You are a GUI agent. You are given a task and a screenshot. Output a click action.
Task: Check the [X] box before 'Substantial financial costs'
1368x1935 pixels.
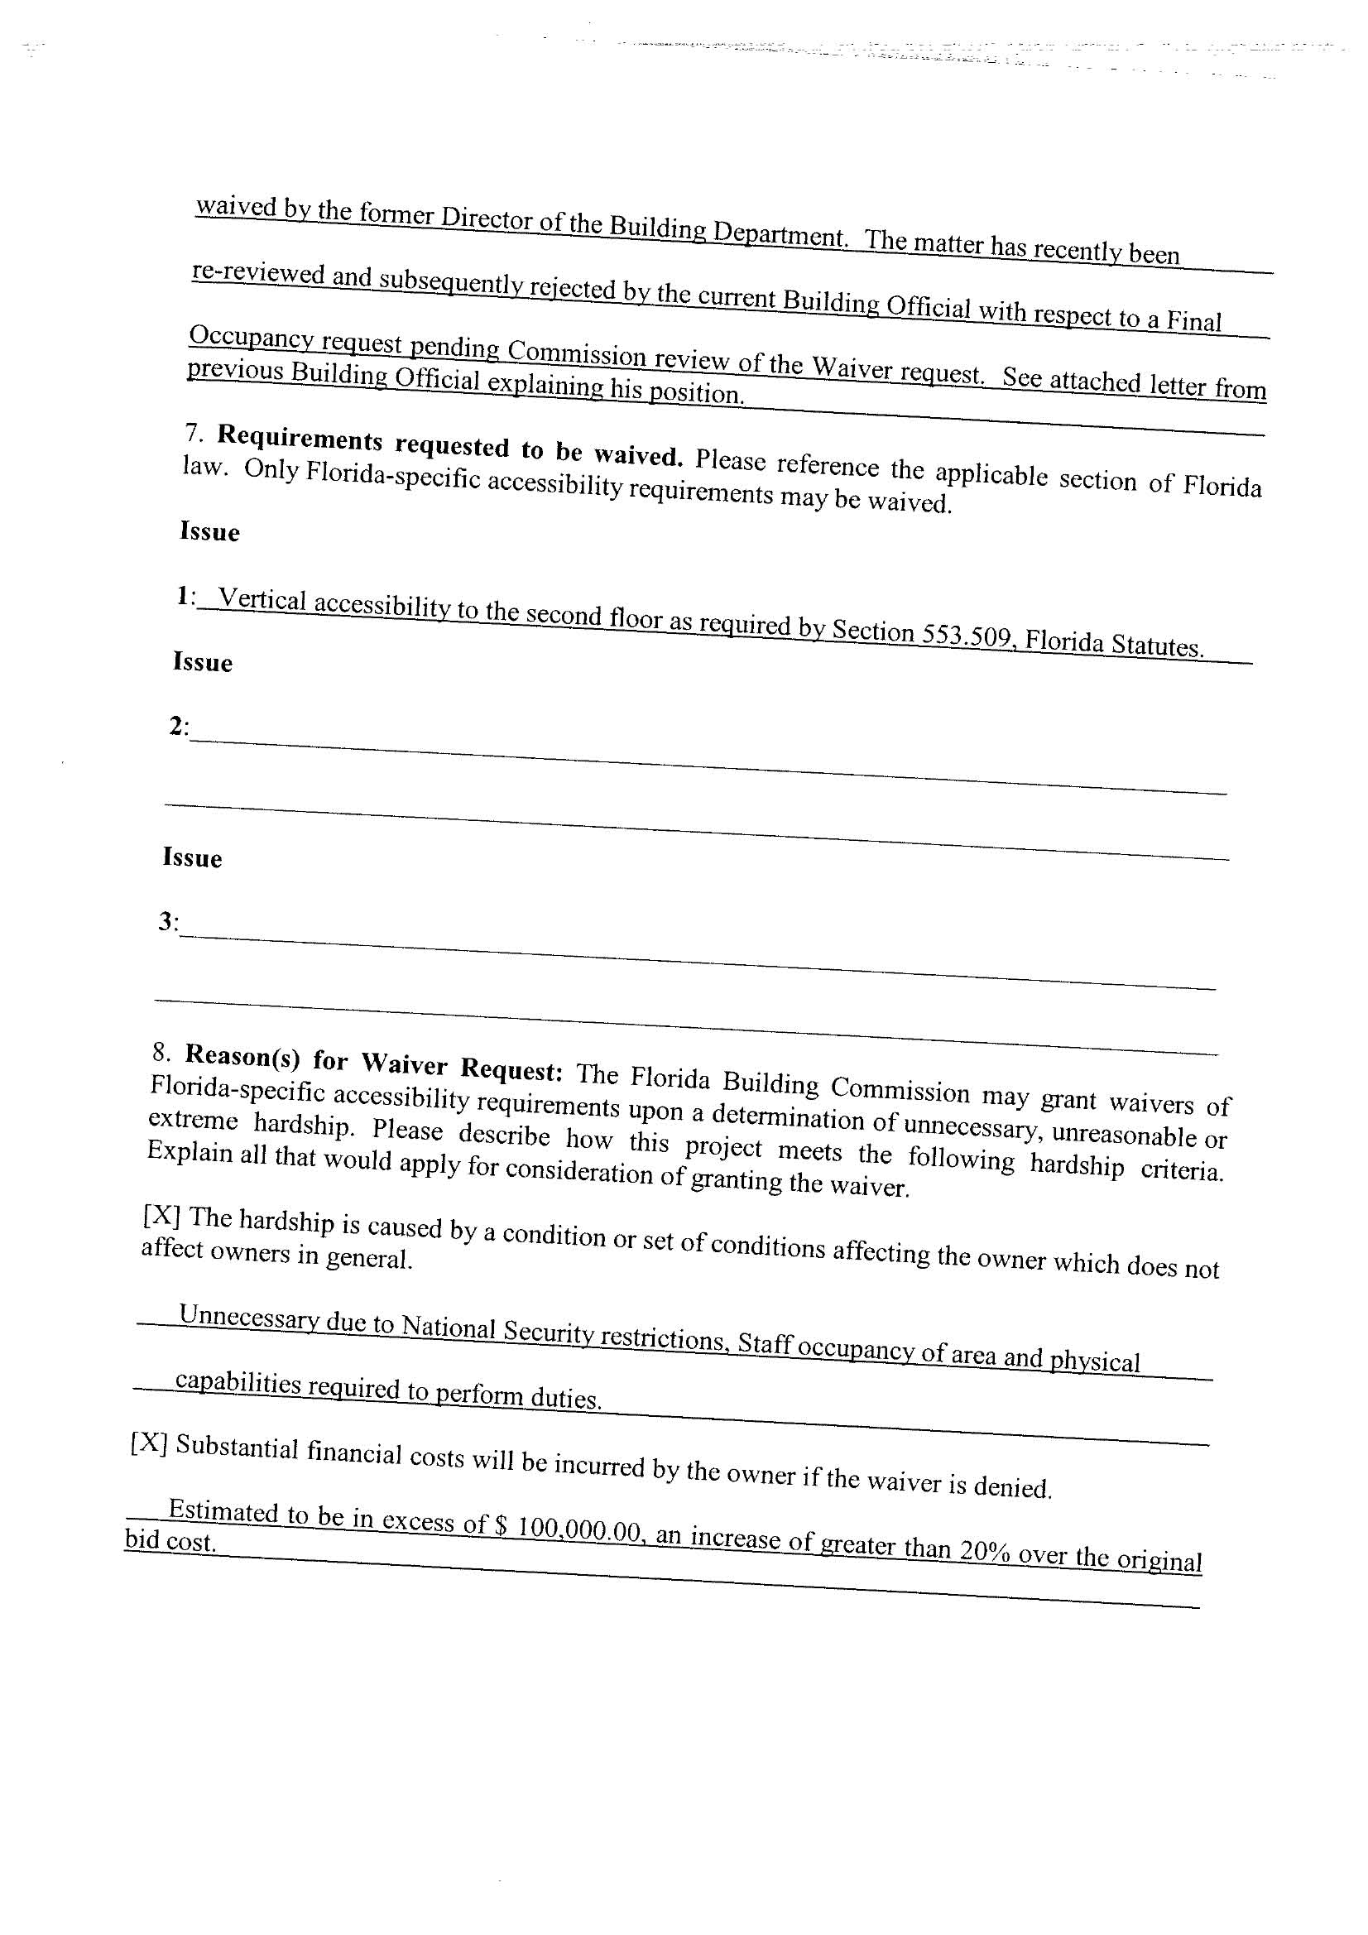click(149, 1443)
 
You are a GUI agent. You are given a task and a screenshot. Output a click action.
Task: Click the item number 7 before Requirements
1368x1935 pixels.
click(194, 432)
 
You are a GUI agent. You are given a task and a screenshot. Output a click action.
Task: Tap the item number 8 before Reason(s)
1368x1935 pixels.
click(161, 1050)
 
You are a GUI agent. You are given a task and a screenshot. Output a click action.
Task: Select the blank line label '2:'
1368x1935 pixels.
click(179, 726)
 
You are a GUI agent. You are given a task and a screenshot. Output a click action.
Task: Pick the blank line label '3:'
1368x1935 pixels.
click(168, 922)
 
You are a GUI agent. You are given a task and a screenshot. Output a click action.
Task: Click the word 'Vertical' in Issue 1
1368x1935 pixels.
click(262, 600)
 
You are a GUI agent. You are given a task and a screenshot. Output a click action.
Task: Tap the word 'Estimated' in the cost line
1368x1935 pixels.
click(223, 1510)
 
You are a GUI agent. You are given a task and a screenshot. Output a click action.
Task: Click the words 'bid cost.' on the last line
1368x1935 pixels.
click(171, 1540)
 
